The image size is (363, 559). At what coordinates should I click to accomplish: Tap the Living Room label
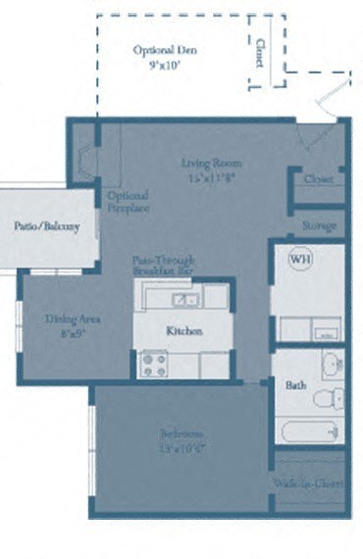click(x=211, y=163)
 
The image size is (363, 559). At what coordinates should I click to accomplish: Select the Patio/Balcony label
click(x=40, y=227)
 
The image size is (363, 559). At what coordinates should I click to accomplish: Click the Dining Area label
click(x=74, y=319)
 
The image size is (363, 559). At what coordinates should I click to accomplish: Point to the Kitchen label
click(x=183, y=331)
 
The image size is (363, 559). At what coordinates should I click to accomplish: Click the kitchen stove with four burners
click(x=154, y=364)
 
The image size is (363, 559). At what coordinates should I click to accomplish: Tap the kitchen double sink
click(x=183, y=299)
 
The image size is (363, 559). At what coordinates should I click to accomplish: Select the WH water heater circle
click(x=299, y=260)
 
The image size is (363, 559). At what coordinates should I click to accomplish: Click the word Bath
click(x=295, y=385)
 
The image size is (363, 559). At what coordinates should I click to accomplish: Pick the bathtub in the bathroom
click(x=308, y=430)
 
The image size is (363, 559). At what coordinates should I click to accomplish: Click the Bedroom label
click(x=182, y=433)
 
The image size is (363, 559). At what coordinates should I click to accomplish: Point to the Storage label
click(x=319, y=226)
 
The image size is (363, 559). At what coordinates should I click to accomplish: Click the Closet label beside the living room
click(x=319, y=179)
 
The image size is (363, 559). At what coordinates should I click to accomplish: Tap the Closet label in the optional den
click(x=259, y=52)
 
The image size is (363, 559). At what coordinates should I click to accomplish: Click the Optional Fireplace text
click(x=129, y=201)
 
